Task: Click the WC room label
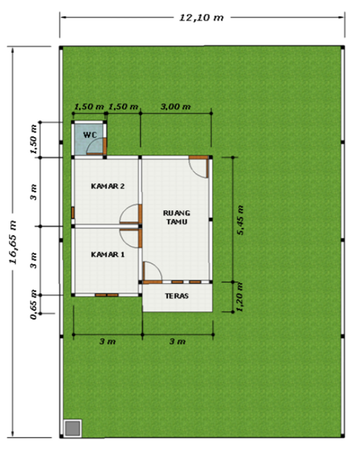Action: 90,135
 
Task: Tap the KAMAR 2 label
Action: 107,186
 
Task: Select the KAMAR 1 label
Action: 107,254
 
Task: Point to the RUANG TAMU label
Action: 176,217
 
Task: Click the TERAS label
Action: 177,296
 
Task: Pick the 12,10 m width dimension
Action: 202,17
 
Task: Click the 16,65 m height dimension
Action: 13,242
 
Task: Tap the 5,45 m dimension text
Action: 240,220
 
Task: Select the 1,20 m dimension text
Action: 240,297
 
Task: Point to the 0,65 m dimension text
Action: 34,305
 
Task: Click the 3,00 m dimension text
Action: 175,107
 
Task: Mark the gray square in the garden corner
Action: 73,428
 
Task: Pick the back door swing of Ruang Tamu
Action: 199,167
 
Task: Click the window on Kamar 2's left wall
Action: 73,213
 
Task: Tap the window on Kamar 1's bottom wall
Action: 106,295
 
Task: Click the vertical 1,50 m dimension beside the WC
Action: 34,139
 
